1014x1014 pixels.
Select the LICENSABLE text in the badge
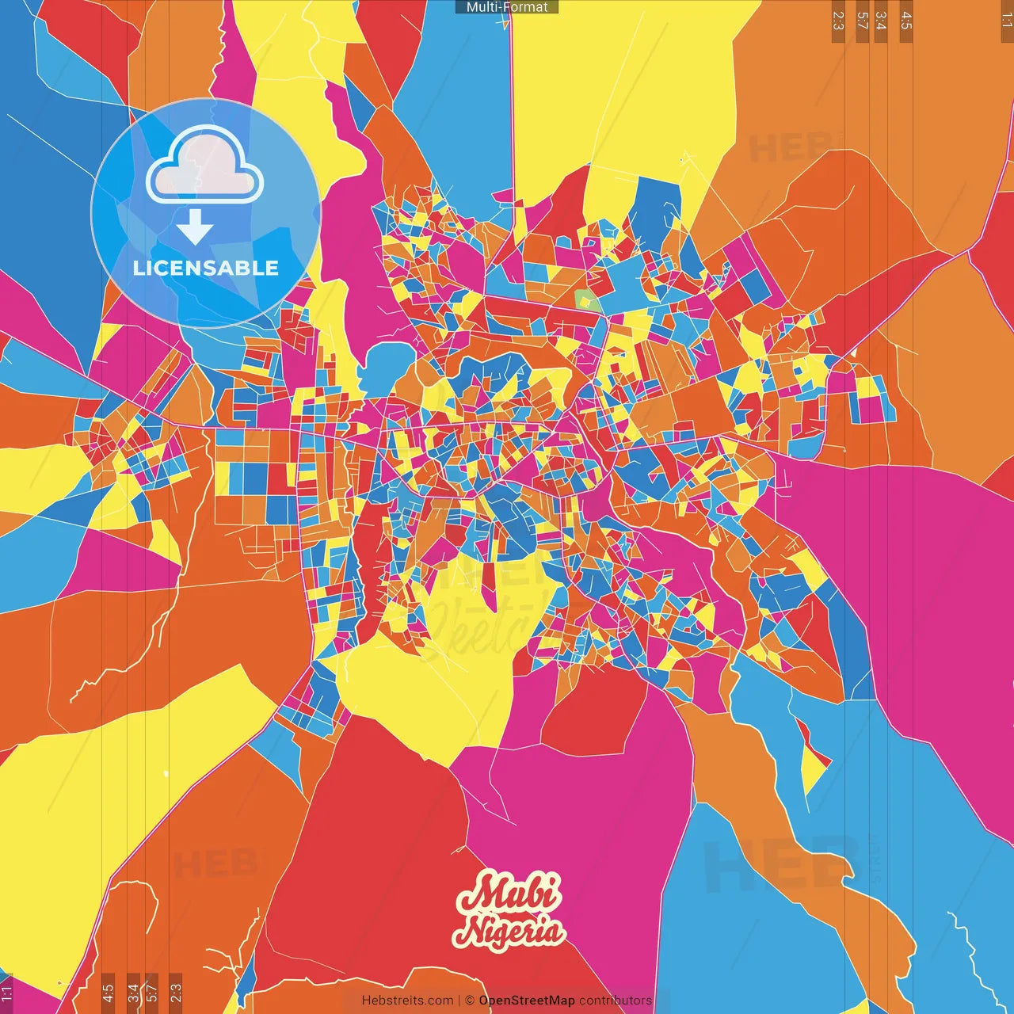[x=206, y=268]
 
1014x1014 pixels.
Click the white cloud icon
[x=205, y=166]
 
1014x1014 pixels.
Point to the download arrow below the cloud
[x=195, y=227]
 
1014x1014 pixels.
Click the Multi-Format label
[x=507, y=7]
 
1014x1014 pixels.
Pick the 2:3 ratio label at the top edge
[x=838, y=21]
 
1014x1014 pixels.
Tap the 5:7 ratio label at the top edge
[x=863, y=21]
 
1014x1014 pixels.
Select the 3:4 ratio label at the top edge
[x=881, y=21]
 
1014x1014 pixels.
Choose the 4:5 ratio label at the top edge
[x=906, y=21]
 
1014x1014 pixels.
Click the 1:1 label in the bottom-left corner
[x=7, y=993]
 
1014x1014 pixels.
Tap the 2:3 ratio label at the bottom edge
[x=176, y=991]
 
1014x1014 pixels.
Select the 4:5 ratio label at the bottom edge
[x=108, y=991]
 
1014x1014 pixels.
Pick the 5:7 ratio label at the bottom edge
[x=152, y=991]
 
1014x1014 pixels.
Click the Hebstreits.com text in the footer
[x=408, y=1001]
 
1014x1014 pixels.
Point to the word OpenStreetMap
[x=527, y=1001]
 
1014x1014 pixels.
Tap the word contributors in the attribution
[x=616, y=1001]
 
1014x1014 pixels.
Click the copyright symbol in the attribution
[x=470, y=1001]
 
